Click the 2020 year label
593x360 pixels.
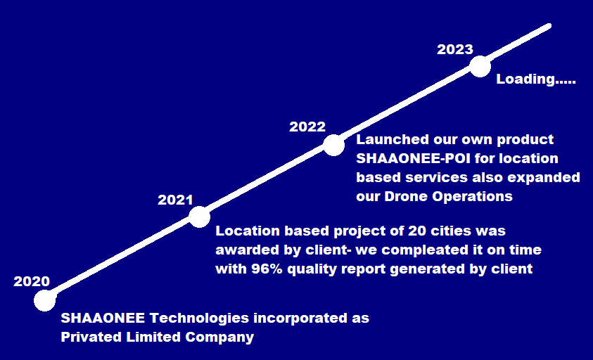click(32, 282)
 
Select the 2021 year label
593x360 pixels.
click(175, 200)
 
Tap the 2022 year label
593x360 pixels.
click(307, 127)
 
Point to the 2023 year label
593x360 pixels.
click(455, 49)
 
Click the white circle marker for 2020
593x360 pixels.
click(45, 300)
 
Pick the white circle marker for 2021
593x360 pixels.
click(199, 217)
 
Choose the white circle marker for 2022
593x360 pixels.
click(334, 145)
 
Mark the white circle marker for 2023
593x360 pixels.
click(480, 67)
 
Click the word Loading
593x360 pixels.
click(525, 79)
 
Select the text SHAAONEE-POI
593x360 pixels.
click(414, 158)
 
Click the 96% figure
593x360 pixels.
click(266, 269)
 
